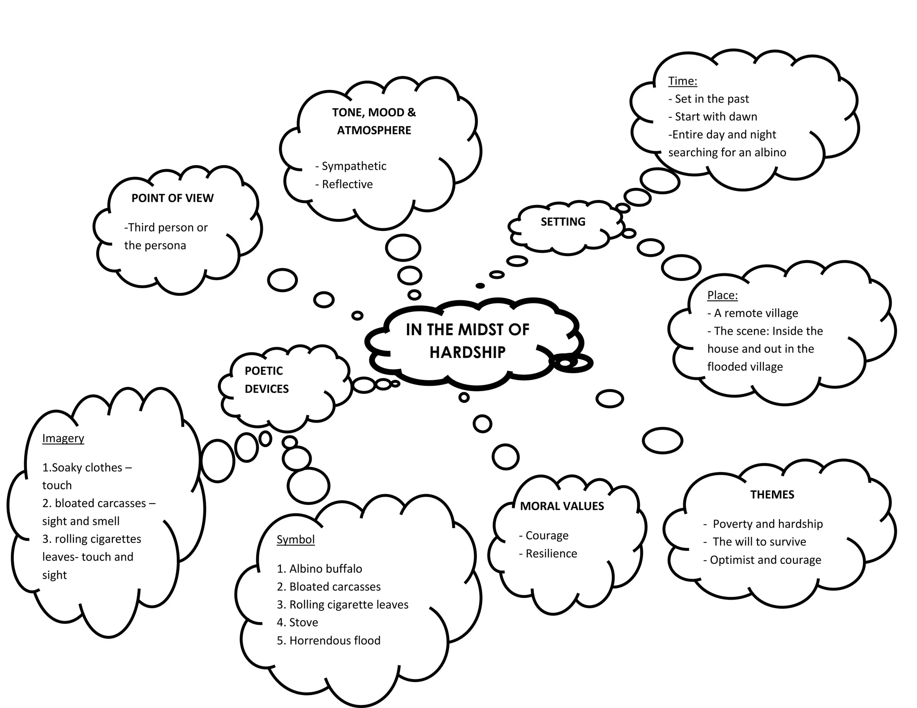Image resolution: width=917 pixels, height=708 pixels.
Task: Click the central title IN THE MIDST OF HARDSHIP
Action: pyautogui.click(x=467, y=341)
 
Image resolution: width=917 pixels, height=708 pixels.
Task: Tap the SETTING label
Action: pyautogui.click(x=563, y=222)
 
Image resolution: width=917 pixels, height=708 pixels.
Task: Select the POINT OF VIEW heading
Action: pyautogui.click(x=172, y=198)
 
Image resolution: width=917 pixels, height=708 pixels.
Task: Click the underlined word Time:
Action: pyautogui.click(x=682, y=81)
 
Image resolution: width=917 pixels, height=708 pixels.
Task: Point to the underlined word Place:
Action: pyautogui.click(x=722, y=295)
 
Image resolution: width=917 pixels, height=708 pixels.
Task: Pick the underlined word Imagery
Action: pyautogui.click(x=63, y=438)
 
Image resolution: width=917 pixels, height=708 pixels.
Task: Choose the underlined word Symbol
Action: pyautogui.click(x=296, y=539)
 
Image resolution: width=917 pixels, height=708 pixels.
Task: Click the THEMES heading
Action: pyautogui.click(x=772, y=495)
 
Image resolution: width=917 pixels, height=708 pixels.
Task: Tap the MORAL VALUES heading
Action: pyautogui.click(x=562, y=506)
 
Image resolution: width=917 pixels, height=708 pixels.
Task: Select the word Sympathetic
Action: pyautogui.click(x=354, y=166)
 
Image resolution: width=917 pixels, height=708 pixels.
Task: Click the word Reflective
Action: pyautogui.click(x=347, y=184)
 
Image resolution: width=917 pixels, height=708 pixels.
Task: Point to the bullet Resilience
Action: pyautogui.click(x=551, y=554)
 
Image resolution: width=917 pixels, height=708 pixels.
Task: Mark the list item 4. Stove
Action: pyautogui.click(x=297, y=623)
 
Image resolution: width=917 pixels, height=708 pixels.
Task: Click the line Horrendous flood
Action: pyautogui.click(x=334, y=640)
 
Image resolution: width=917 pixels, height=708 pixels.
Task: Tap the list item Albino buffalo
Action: pyautogui.click(x=326, y=569)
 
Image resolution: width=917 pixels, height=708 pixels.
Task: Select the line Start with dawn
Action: pyautogui.click(x=716, y=117)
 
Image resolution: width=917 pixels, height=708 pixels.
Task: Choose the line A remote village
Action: pyautogui.click(x=756, y=313)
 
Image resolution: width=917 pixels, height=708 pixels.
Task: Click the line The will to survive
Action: pyautogui.click(x=759, y=542)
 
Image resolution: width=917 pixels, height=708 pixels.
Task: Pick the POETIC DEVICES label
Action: pyautogui.click(x=266, y=380)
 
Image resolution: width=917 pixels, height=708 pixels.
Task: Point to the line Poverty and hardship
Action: pyautogui.click(x=767, y=524)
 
